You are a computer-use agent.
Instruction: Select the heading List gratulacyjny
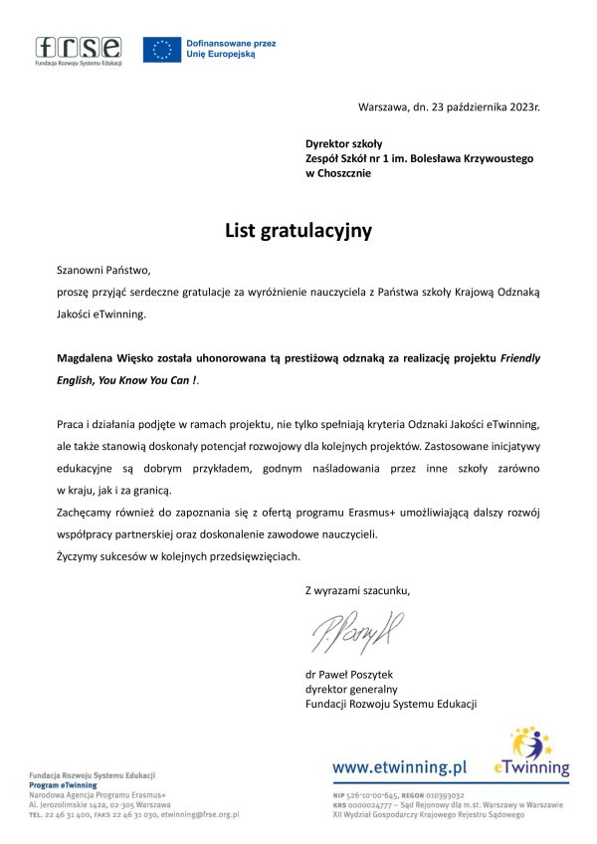[298, 231]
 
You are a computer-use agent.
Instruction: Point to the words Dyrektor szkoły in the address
[337, 144]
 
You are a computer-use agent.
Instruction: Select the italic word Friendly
[521, 357]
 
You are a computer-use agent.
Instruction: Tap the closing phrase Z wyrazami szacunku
[357, 591]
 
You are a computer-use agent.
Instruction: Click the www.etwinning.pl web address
[399, 767]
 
